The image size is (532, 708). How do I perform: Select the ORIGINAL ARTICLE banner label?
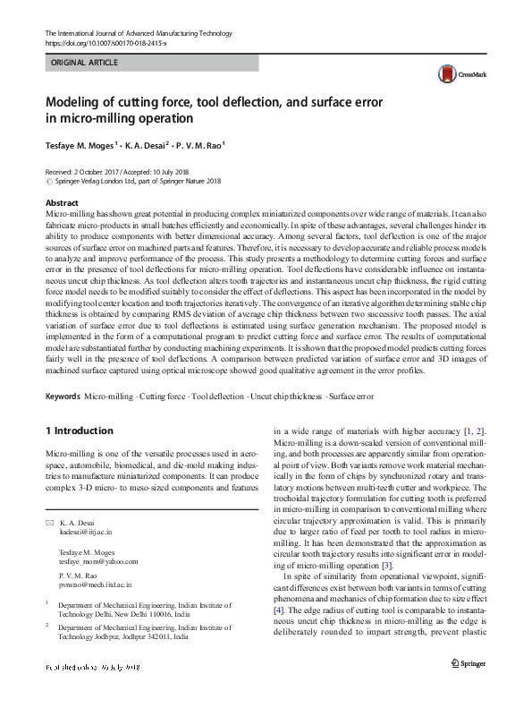85,64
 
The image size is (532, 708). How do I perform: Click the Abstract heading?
61,203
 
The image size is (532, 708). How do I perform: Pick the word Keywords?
63,396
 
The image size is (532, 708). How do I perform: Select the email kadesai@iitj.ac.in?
85,531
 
